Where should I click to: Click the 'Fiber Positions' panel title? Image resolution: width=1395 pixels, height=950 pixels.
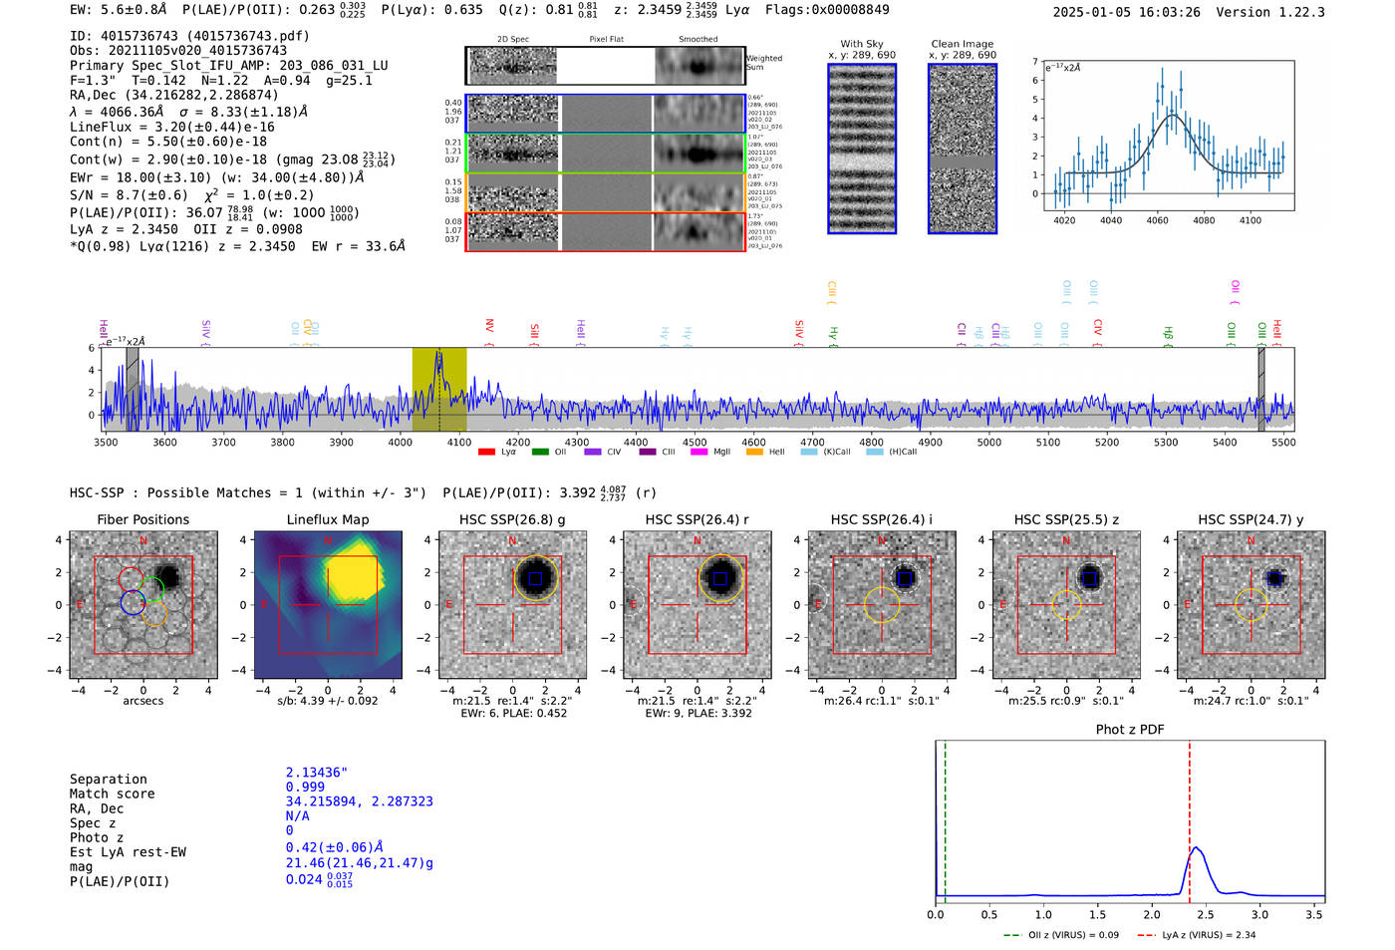click(142, 519)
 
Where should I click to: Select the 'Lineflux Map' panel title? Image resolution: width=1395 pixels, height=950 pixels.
click(327, 519)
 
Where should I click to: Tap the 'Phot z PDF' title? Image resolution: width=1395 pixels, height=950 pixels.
click(1129, 730)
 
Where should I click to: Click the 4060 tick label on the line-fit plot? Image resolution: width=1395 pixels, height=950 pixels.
click(1157, 220)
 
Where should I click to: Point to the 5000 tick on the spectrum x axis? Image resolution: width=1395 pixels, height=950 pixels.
click(988, 443)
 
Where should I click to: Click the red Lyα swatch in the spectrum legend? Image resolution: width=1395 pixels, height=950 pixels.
click(486, 453)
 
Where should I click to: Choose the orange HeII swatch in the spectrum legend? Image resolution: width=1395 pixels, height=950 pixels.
click(754, 453)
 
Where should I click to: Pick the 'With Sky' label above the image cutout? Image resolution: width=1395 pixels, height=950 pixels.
click(861, 44)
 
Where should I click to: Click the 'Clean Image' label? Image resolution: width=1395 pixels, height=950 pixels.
click(962, 44)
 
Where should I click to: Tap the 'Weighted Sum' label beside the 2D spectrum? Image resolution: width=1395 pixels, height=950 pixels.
click(764, 63)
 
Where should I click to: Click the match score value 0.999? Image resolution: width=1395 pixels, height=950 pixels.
click(305, 788)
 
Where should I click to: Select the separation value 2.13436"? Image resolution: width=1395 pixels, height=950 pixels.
click(316, 773)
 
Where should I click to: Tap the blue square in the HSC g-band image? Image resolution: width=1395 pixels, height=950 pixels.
click(535, 578)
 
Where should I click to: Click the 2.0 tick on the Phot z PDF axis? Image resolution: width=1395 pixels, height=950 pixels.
click(1152, 914)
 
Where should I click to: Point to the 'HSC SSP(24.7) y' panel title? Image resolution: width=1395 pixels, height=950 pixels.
click(1251, 519)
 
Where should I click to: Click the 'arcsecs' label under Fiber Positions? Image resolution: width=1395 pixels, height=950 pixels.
click(142, 701)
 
